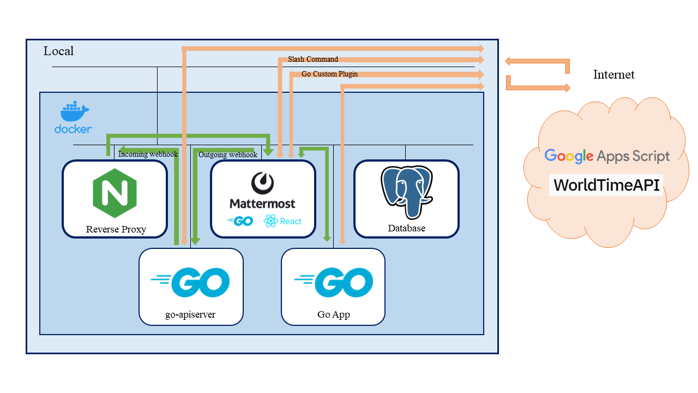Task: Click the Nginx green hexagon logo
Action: (115, 193)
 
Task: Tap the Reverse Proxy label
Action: (116, 229)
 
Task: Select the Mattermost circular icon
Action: (262, 183)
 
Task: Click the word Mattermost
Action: (262, 204)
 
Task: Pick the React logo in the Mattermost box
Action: (282, 221)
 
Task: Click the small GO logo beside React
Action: (240, 221)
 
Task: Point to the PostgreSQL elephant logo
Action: (407, 193)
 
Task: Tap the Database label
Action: (406, 228)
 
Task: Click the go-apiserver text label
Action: (191, 314)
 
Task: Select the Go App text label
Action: (333, 314)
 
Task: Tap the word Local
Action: (58, 51)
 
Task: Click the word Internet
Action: (613, 75)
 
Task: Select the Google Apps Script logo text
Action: (606, 156)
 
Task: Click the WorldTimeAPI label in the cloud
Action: (606, 186)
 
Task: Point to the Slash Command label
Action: (313, 59)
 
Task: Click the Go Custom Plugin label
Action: (329, 74)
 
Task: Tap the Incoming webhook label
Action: (148, 154)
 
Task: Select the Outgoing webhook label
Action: (227, 155)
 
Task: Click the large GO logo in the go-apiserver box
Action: (191, 282)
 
